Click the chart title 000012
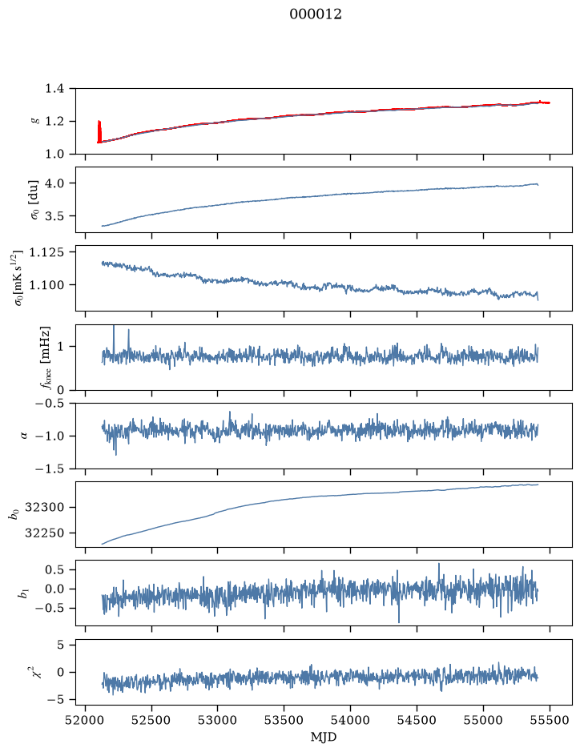(315, 14)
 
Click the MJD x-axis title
(324, 737)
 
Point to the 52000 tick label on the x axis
(86, 720)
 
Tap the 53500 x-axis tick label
(284, 720)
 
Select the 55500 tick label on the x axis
(550, 720)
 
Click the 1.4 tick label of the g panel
(54, 89)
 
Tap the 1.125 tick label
(46, 252)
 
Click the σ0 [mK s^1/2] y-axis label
(18, 278)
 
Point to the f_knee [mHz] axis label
(45, 357)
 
